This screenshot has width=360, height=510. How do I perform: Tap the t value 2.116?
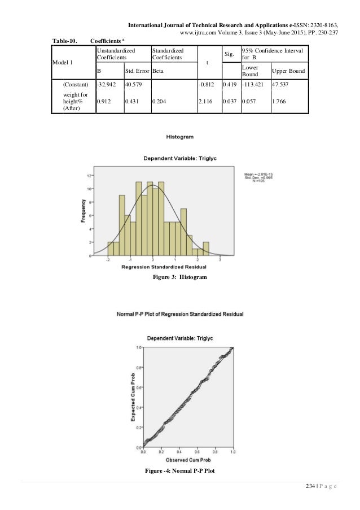pos(206,103)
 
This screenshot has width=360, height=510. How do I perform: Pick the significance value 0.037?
pos(229,103)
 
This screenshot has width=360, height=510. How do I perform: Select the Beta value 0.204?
pos(161,103)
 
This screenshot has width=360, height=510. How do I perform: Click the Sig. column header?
pos(229,54)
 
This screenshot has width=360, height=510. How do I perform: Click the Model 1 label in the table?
pos(64,62)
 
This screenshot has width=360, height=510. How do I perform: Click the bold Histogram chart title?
pos(180,137)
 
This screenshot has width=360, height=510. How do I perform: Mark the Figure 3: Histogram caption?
pos(180,277)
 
